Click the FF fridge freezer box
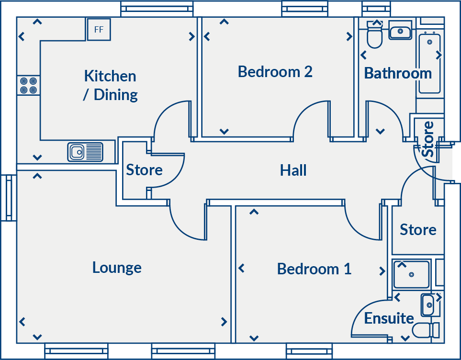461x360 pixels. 99,30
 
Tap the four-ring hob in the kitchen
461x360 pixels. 28,85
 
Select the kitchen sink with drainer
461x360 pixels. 85,152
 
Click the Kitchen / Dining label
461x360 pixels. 110,85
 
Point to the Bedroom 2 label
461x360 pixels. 275,72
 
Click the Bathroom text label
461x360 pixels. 398,73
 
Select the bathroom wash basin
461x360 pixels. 400,32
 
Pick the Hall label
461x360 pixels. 293,170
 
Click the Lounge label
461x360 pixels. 117,267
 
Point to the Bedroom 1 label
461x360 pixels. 314,269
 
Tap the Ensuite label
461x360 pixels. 389,318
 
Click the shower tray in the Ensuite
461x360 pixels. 411,274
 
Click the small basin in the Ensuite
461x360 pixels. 428,305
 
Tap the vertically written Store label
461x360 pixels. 427,139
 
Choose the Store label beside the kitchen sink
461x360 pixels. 144,170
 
